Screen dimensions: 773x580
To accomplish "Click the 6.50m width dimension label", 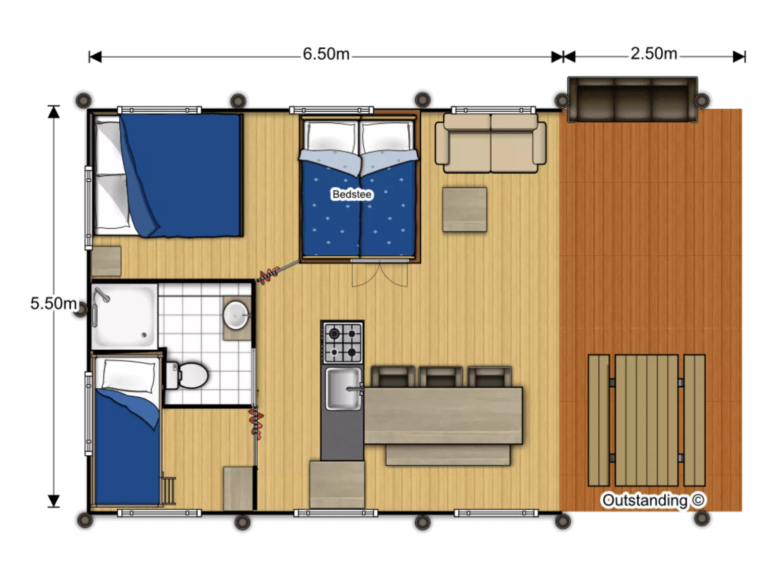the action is [326, 54].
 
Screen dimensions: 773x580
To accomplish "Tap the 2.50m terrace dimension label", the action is [654, 54].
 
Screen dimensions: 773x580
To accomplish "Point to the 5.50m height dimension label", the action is [53, 303].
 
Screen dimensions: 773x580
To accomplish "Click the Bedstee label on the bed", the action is [351, 194].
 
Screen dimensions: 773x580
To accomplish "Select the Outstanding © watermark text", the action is [653, 500].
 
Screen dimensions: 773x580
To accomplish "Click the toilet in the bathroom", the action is [187, 376].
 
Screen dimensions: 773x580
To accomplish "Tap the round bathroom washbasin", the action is [236, 315].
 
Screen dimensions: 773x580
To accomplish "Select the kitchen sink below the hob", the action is [344, 388].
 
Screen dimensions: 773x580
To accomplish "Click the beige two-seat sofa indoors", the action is [491, 142].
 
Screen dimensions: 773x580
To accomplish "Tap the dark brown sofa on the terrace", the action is [633, 100].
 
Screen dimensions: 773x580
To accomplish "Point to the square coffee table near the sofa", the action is [465, 209].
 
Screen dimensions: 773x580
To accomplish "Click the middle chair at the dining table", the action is [440, 377].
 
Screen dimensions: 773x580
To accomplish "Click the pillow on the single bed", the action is [128, 376].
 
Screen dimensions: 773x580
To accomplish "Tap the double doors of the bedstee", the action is [379, 273].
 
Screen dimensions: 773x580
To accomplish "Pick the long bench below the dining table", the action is [448, 455].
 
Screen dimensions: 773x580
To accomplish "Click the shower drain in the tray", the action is [144, 335].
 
